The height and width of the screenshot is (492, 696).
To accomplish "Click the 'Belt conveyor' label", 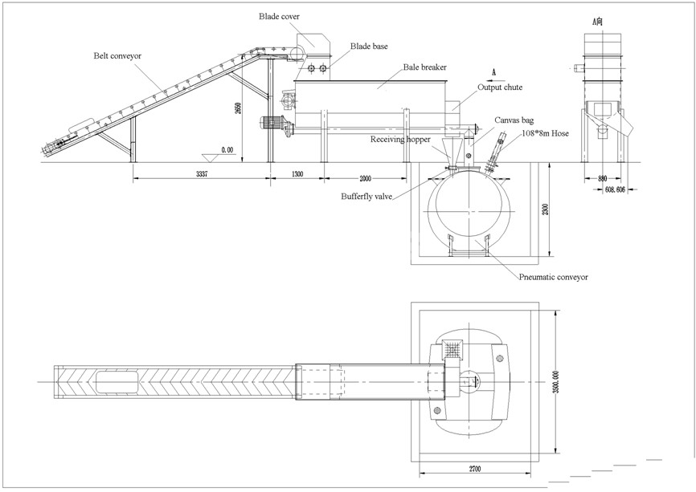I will pyautogui.click(x=118, y=56).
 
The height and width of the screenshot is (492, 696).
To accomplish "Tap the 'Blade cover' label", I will pyautogui.click(x=277, y=15).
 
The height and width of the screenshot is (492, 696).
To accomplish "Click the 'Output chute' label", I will pyautogui.click(x=501, y=87).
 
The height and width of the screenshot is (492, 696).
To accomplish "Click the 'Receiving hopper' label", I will pyautogui.click(x=400, y=139).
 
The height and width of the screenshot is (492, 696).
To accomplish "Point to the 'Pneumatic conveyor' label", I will pyautogui.click(x=555, y=277).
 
